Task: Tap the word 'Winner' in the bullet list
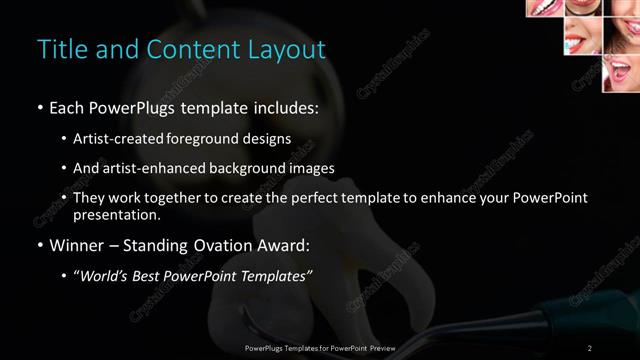(77, 245)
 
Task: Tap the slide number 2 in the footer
(590, 347)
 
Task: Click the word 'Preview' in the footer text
(380, 347)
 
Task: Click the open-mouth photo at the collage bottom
(620, 73)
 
